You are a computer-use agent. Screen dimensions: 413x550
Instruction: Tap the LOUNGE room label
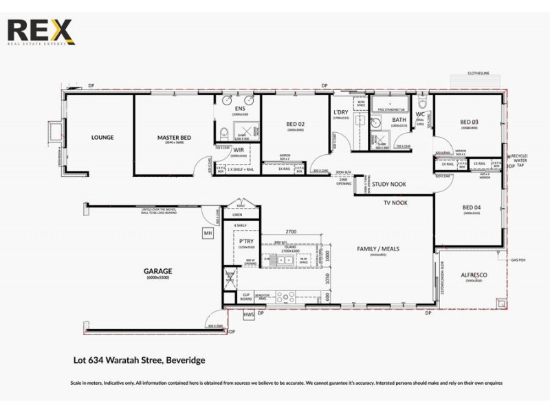tap(102, 138)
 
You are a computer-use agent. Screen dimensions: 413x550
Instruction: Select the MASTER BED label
tap(174, 138)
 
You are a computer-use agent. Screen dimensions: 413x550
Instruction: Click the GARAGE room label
tap(158, 271)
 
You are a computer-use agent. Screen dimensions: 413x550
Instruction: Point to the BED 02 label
tap(296, 124)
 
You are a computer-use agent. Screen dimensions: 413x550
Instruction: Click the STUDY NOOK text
tap(388, 184)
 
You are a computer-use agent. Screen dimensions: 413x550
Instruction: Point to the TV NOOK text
tap(397, 204)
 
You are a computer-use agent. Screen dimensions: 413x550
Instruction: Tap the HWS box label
tap(250, 315)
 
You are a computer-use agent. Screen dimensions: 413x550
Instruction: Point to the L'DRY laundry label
tap(341, 112)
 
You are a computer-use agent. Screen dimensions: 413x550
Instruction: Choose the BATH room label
tap(399, 120)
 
